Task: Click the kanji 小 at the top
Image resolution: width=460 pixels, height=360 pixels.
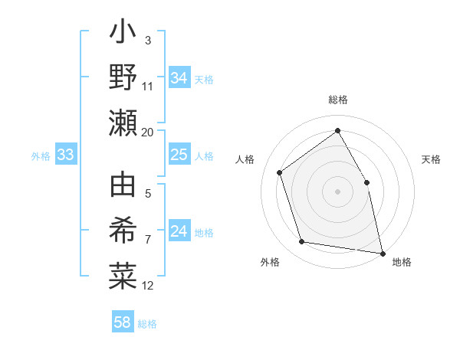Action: (123, 35)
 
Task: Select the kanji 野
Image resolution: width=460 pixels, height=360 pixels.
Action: (123, 77)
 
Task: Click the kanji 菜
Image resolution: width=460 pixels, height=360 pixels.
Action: (123, 276)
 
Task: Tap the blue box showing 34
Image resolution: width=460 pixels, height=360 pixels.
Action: (179, 78)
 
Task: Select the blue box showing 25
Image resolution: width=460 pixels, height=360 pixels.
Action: (179, 155)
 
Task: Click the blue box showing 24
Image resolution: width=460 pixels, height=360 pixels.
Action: (179, 232)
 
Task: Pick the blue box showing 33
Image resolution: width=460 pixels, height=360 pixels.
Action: (66, 155)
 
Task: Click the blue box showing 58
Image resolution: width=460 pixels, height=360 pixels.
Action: (123, 322)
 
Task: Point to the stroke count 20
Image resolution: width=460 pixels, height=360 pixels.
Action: (148, 132)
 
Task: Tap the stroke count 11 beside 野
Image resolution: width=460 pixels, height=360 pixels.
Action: (148, 85)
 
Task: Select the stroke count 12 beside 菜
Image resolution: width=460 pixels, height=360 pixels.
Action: (148, 286)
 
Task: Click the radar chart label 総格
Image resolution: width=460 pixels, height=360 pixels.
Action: (337, 100)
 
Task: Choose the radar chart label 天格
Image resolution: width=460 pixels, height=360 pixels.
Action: (431, 159)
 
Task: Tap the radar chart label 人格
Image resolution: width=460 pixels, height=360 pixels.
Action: (245, 159)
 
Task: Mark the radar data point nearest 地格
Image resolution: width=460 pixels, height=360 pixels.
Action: (382, 252)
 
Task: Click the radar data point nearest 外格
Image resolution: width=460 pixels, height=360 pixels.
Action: (302, 242)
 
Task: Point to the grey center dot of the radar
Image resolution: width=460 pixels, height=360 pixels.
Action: (337, 191)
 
